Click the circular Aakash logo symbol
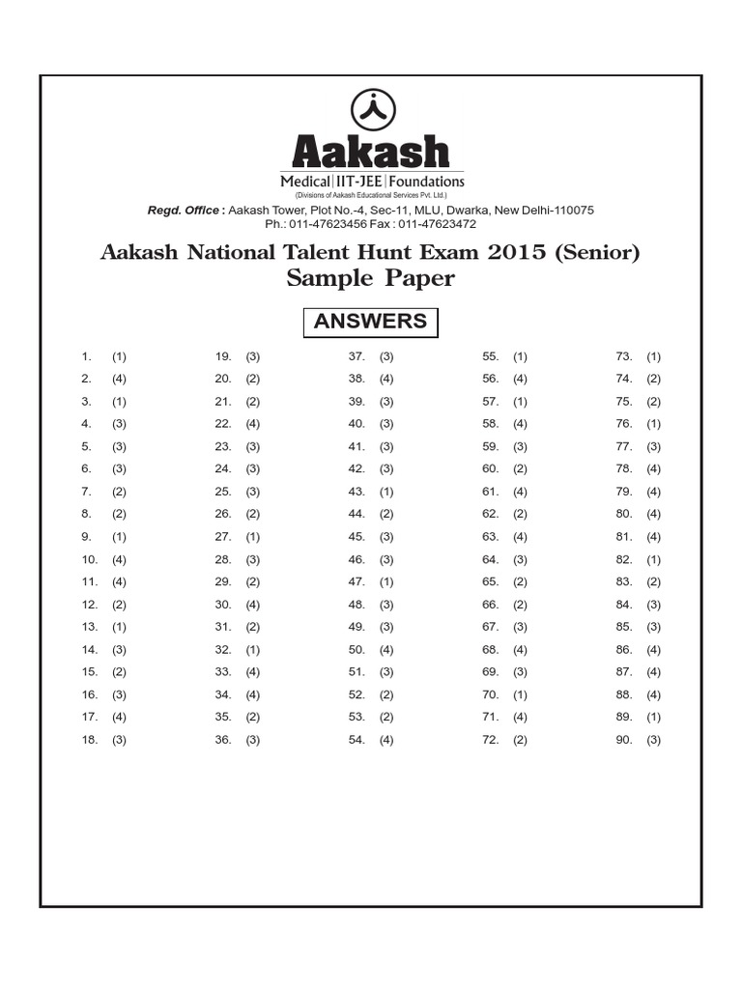371,108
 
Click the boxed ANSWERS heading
371,322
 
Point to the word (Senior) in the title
599,253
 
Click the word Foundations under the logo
427,182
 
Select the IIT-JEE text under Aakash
358,182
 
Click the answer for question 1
119,356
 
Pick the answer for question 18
119,740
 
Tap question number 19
222,356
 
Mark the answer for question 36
253,740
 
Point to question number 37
356,356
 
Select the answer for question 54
386,740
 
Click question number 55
490,356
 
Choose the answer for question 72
520,740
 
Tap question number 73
623,356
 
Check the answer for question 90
654,740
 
